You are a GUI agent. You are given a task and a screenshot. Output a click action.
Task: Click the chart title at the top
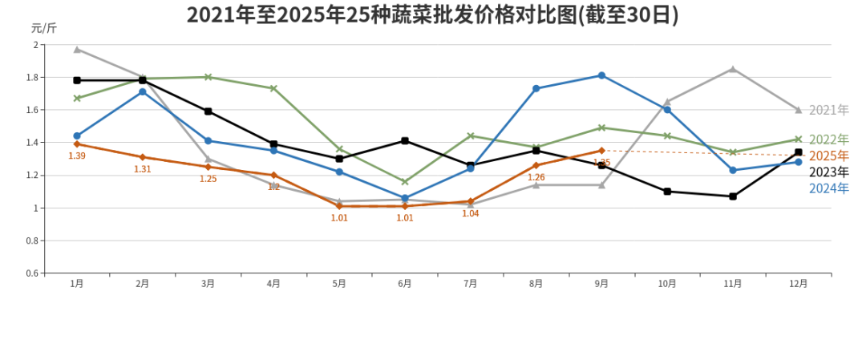[432, 15]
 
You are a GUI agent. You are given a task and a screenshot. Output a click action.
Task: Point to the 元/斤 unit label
[43, 28]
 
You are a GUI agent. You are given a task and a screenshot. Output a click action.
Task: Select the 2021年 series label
[828, 110]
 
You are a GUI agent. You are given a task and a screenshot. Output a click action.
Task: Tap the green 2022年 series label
[828, 140]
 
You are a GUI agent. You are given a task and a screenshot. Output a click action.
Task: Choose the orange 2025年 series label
[828, 156]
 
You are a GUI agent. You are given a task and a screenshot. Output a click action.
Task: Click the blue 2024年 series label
[828, 188]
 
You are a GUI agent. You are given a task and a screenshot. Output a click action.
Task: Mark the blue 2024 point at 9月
[601, 75]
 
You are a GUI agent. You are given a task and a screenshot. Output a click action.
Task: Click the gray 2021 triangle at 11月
[733, 69]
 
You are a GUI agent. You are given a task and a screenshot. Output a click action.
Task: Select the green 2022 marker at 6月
[405, 182]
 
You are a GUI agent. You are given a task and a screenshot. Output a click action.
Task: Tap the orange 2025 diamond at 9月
[601, 150]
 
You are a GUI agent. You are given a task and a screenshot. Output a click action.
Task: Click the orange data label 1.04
[471, 214]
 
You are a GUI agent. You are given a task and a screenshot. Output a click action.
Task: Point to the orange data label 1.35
[601, 163]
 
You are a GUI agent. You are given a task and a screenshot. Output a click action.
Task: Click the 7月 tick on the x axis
[471, 283]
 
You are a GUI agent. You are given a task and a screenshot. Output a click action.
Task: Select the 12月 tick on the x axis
[798, 283]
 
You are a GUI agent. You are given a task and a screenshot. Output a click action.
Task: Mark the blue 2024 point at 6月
[405, 198]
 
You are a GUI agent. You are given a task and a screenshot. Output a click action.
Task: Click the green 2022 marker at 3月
[208, 77]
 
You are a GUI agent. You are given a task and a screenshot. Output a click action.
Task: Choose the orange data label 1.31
[143, 169]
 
